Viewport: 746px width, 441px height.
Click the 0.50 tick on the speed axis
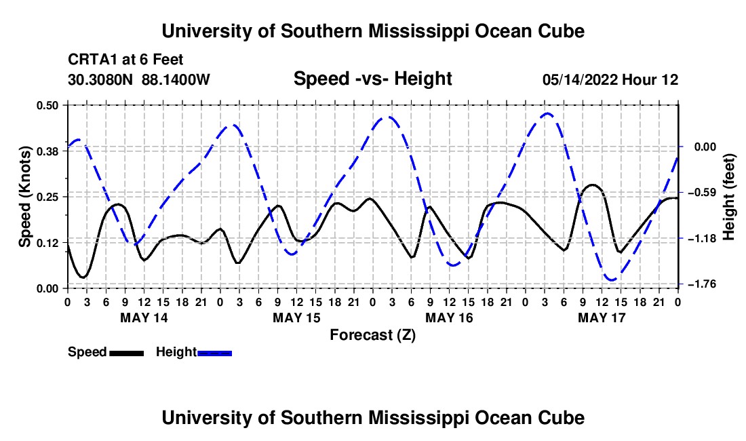(x=47, y=105)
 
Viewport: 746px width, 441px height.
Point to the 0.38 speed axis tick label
(x=47, y=151)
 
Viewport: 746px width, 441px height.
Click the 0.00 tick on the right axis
(x=705, y=147)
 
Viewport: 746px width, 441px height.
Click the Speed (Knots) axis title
(x=24, y=197)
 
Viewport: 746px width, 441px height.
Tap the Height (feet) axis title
(x=729, y=197)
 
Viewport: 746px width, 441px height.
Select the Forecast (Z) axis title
(x=372, y=335)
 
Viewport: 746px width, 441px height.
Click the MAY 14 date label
(x=144, y=318)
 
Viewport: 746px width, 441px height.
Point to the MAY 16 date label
(x=449, y=318)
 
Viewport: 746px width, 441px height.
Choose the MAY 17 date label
(x=602, y=318)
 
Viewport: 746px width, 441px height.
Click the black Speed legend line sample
(x=127, y=353)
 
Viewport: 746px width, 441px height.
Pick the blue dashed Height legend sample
(x=214, y=353)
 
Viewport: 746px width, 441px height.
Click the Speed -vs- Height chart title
(x=372, y=79)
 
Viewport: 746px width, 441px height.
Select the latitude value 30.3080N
(x=100, y=79)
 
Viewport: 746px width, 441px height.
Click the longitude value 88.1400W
(x=176, y=79)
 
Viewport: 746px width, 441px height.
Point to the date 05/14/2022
(x=581, y=79)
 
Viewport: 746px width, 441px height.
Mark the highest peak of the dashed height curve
(x=547, y=113)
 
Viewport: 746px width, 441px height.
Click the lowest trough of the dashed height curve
(x=612, y=280)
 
